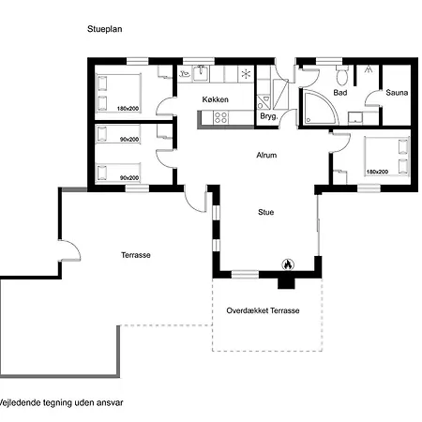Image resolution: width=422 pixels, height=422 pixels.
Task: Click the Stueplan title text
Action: (105, 29)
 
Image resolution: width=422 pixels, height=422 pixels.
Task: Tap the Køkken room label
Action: (215, 99)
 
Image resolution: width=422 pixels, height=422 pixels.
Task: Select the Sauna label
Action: (397, 93)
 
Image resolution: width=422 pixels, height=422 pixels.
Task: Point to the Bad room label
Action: (340, 93)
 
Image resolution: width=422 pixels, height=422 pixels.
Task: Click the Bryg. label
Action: (268, 116)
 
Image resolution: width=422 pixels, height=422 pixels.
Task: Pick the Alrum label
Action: (266, 155)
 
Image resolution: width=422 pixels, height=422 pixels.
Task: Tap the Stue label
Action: (265, 212)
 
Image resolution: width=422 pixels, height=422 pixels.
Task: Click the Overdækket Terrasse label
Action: (263, 310)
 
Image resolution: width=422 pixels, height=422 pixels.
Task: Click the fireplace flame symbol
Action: (288, 264)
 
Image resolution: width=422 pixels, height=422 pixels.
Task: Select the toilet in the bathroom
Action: (341, 75)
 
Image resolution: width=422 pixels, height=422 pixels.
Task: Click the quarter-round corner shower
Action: (320, 107)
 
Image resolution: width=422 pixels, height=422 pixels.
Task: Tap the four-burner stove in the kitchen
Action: (220, 118)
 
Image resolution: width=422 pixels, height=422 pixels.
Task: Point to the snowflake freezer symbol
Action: (246, 74)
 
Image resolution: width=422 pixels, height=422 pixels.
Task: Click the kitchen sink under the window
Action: (201, 73)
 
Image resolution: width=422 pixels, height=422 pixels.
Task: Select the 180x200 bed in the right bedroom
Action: (387, 157)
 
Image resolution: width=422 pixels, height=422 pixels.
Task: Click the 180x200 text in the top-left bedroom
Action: (128, 109)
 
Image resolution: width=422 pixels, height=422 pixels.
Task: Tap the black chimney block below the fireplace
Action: (286, 282)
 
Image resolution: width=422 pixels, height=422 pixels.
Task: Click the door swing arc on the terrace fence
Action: (74, 247)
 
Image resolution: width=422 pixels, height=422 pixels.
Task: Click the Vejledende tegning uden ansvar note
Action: (61, 402)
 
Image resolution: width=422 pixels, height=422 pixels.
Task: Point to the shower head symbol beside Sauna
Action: (369, 69)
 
